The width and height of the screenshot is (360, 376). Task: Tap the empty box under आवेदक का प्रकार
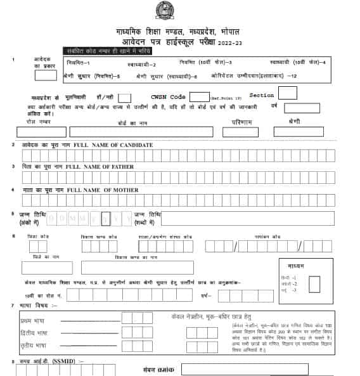(x=46, y=75)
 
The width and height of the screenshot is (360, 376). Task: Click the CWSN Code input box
(x=200, y=97)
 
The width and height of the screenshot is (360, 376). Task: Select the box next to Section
(x=288, y=93)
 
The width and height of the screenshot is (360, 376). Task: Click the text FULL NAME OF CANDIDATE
(x=113, y=145)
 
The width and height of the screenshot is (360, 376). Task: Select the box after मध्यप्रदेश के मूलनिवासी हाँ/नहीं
(x=124, y=98)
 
